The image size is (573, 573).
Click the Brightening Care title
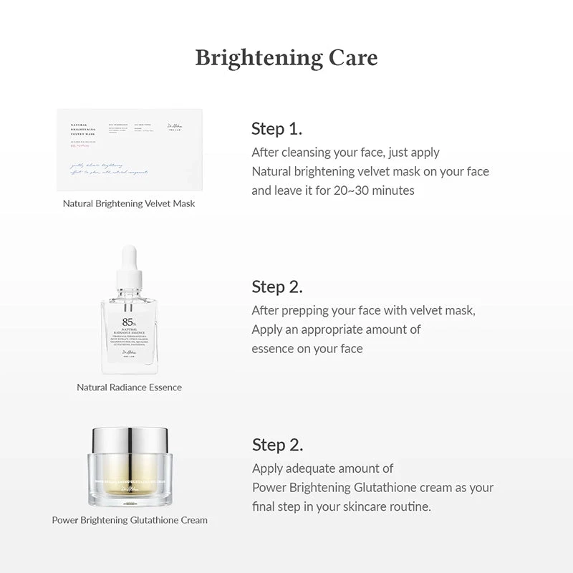(x=286, y=58)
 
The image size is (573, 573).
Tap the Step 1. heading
(x=276, y=129)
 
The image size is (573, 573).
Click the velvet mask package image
(x=130, y=150)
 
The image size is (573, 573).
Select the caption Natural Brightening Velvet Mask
(x=129, y=203)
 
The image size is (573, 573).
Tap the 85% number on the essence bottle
(x=129, y=322)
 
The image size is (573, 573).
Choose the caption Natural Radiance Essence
(x=129, y=387)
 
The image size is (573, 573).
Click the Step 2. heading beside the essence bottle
(x=276, y=287)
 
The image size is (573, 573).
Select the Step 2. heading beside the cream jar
(x=277, y=445)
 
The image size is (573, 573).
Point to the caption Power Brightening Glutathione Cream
(x=130, y=520)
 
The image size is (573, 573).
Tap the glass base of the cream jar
(x=130, y=487)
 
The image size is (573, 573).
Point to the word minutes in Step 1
(x=393, y=191)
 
